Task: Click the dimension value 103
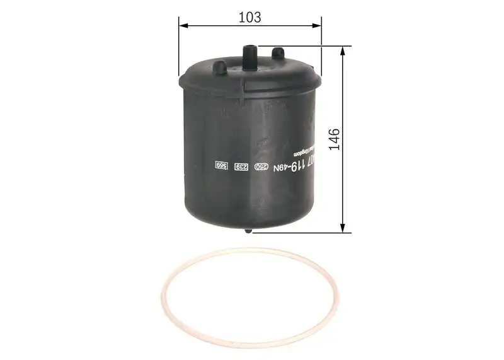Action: [250, 17]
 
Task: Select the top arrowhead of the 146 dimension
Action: [343, 50]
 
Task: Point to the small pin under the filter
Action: [249, 231]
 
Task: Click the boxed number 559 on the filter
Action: [220, 165]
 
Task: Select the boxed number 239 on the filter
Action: [240, 166]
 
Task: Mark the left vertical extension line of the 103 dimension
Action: [180, 44]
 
